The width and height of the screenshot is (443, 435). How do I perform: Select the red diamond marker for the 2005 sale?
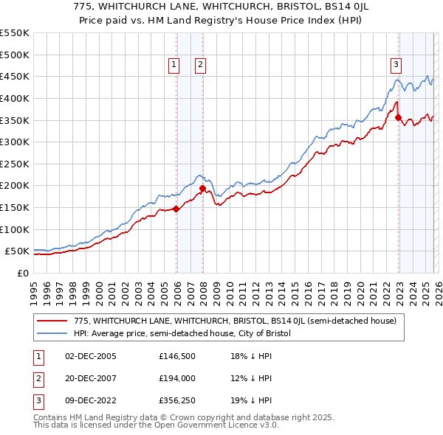[x=176, y=209]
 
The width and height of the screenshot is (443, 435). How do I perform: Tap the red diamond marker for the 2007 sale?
[x=202, y=188]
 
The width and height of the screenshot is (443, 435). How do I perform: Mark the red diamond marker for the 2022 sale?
[x=398, y=117]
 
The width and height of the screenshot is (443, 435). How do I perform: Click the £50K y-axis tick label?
[x=17, y=251]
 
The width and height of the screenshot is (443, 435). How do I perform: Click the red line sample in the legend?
[x=52, y=321]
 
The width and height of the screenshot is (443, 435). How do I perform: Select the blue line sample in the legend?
[x=52, y=333]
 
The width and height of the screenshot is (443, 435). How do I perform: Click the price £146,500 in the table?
[x=176, y=357]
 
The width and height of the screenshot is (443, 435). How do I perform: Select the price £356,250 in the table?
[x=176, y=400]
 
